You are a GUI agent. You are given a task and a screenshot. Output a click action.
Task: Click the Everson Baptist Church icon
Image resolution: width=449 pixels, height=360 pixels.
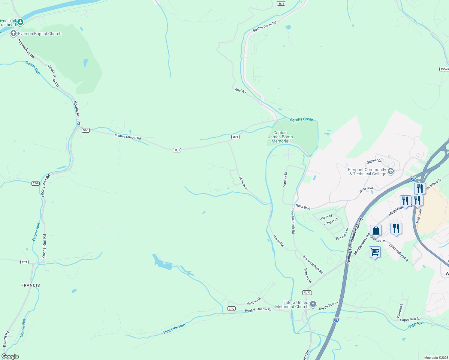13,34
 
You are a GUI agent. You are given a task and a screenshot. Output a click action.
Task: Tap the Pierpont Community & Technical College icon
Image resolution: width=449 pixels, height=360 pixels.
390,172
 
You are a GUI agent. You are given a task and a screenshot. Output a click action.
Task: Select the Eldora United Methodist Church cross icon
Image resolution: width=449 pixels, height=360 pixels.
313,304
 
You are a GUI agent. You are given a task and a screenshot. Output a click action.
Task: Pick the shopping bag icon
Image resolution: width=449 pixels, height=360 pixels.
376,231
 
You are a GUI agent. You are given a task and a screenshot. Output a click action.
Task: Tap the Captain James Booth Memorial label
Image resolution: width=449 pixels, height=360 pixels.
280,137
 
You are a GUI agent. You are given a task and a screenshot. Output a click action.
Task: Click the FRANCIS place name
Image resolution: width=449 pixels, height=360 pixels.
31,285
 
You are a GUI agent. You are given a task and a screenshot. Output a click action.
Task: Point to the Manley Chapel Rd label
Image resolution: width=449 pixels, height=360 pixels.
128,136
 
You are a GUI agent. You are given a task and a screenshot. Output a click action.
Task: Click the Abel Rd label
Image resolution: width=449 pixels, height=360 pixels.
240,90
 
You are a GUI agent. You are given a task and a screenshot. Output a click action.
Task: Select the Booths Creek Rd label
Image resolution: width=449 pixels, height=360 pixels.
264,26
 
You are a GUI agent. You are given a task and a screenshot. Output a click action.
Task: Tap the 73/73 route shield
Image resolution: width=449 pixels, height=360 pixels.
307,292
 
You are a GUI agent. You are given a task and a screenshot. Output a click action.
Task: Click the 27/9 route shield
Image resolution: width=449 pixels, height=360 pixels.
231,308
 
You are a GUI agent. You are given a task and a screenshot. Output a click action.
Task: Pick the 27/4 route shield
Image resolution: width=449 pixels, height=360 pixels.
25,262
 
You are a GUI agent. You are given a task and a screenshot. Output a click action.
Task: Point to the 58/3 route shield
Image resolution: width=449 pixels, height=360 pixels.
281,3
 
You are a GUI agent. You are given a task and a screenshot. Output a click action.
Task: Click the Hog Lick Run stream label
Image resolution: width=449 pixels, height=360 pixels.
174,329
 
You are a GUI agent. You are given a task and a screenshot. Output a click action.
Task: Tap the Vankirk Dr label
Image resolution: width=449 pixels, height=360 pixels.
285,179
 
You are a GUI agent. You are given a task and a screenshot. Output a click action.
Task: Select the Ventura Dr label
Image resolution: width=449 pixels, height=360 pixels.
254,301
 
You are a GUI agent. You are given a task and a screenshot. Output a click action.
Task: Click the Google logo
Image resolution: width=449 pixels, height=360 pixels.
10,356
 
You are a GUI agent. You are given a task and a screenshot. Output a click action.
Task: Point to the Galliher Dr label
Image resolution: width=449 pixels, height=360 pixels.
374,161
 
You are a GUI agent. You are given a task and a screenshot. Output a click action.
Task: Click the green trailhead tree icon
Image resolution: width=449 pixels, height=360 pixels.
20,22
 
